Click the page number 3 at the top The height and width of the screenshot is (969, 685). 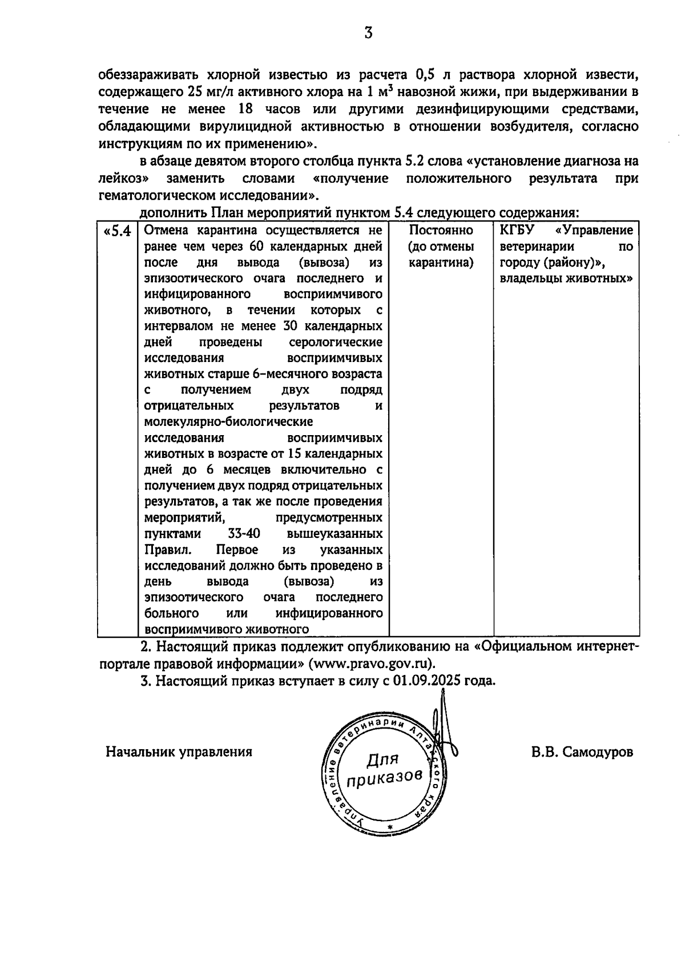coord(368,34)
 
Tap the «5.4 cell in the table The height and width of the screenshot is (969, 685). coord(117,232)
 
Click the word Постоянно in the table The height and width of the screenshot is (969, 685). coord(441,231)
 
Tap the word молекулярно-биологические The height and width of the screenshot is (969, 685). coord(228,422)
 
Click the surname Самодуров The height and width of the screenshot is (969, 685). coord(597,752)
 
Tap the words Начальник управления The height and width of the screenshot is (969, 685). coord(179,752)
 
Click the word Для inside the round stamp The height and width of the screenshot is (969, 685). coord(382,760)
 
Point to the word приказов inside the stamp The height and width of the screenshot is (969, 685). coord(385,778)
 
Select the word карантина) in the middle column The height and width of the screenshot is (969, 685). coord(441,263)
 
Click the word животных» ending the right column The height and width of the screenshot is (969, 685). coord(599,279)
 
